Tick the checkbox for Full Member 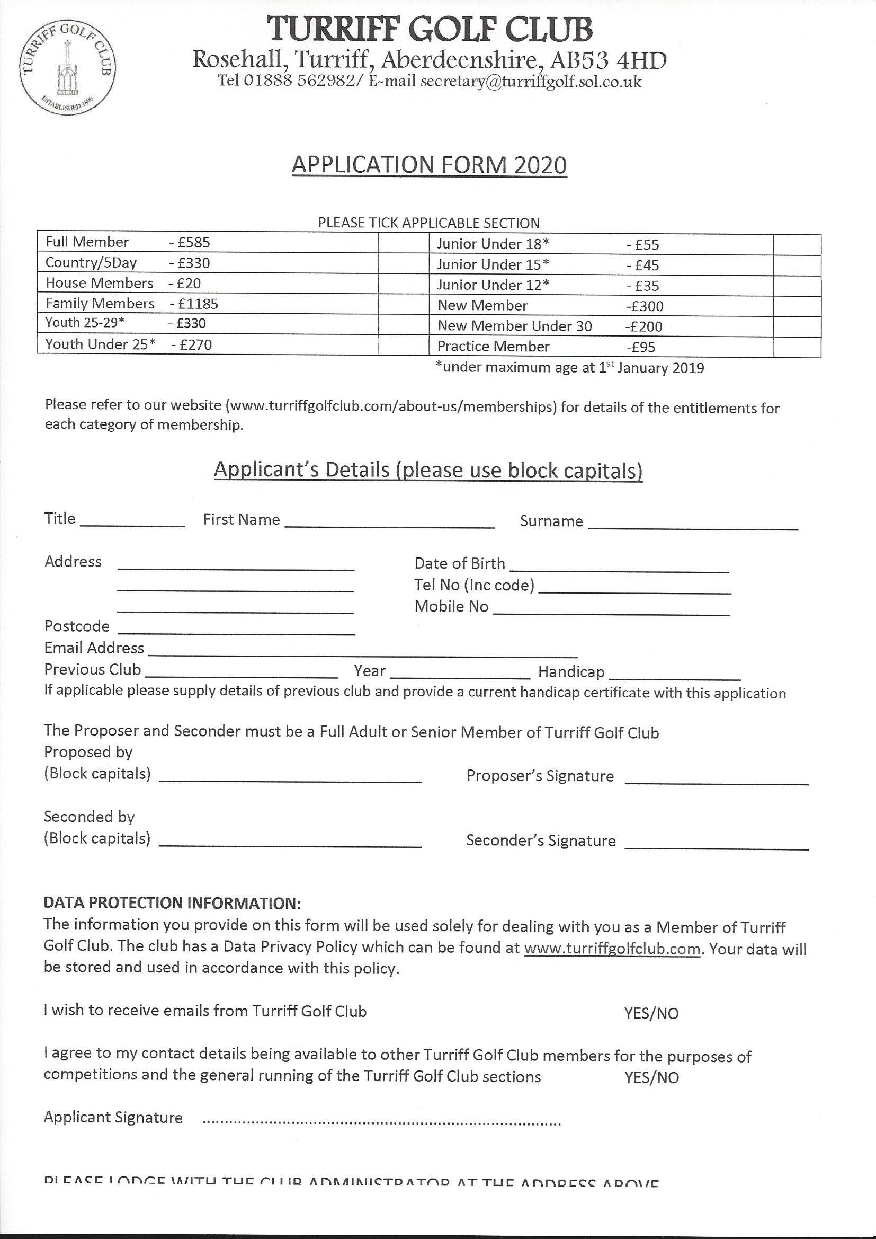click(403, 242)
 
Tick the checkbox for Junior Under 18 click(797, 244)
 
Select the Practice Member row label click(493, 347)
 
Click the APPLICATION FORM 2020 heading click(429, 165)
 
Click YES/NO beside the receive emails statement click(651, 1013)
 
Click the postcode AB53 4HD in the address click(607, 61)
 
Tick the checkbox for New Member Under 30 click(797, 326)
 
